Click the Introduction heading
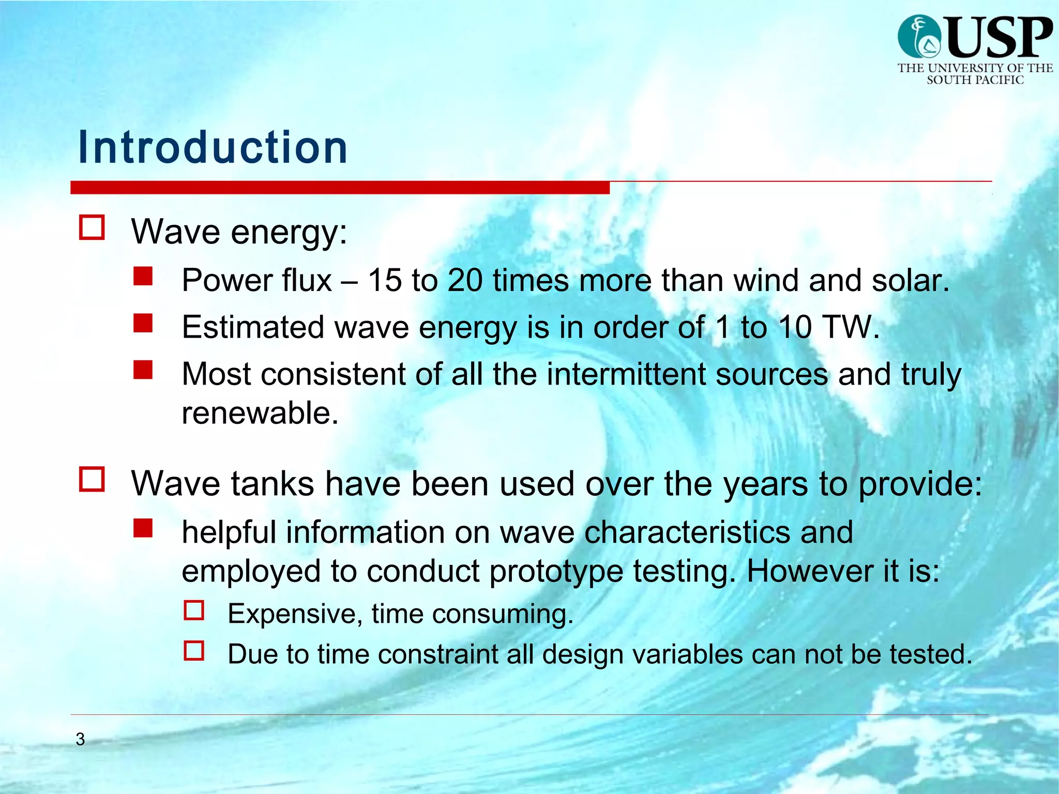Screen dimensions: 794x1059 point(213,148)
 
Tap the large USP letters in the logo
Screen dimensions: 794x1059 point(999,37)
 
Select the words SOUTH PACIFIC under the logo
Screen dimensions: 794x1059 point(975,80)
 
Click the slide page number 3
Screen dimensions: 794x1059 point(80,739)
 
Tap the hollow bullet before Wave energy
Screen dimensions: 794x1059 point(92,228)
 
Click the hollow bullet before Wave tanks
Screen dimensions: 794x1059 point(92,479)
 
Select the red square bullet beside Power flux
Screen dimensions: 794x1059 point(143,276)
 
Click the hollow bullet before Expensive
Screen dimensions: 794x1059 point(194,610)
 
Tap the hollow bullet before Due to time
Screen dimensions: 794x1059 point(194,651)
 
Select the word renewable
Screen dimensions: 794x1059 point(260,413)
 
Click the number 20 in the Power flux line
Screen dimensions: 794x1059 point(464,281)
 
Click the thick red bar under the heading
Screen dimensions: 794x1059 point(340,188)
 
